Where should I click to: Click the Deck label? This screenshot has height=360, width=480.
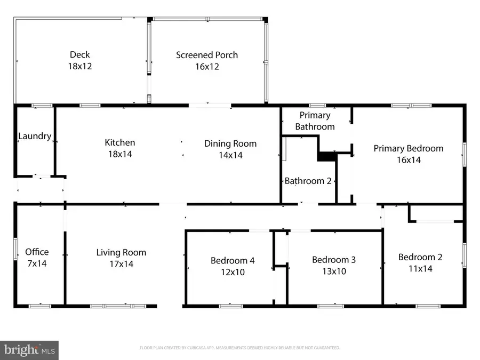[x=79, y=54]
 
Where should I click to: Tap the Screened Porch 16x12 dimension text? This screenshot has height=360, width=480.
[x=207, y=67]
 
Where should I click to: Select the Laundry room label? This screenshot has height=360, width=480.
[x=35, y=136]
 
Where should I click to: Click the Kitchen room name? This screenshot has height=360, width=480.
[x=119, y=142]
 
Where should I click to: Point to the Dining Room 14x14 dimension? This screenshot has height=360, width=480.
[x=230, y=155]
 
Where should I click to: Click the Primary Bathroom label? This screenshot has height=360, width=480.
[x=315, y=121]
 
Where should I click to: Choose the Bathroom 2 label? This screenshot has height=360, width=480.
[x=308, y=181]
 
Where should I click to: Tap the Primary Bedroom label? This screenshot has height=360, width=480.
[x=408, y=148]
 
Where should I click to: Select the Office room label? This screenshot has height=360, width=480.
[x=37, y=252]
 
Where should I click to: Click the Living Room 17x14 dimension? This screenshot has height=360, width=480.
[x=121, y=264]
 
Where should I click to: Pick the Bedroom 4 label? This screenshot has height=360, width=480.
[x=232, y=260]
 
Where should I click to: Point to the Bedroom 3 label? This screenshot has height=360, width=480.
[x=333, y=260]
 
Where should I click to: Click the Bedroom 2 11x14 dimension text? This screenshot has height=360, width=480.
[x=420, y=269]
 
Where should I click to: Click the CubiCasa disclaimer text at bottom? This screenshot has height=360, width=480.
[x=239, y=348]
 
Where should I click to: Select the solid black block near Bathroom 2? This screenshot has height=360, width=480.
[x=325, y=156]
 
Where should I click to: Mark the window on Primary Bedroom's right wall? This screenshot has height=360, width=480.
[x=463, y=152]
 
